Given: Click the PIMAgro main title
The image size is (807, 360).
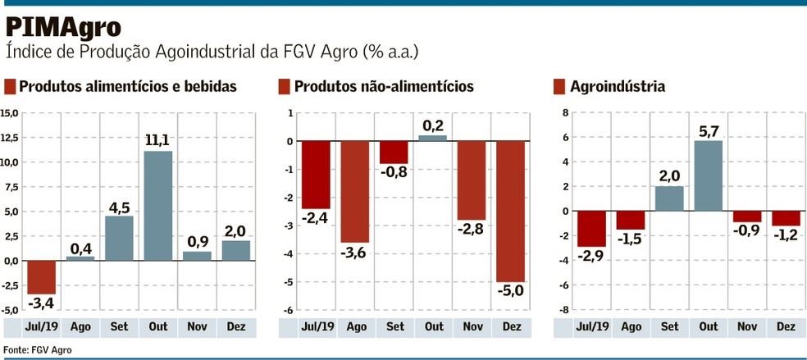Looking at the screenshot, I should click(x=64, y=27).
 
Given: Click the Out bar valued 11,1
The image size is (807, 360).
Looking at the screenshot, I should click(x=158, y=205).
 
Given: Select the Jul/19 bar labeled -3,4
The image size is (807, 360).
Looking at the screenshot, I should click(x=41, y=277).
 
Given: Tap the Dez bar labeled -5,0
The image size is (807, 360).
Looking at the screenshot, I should click(x=511, y=211).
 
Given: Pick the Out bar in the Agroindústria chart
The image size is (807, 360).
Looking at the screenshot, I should click(x=708, y=175).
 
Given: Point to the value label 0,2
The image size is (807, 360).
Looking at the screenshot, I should click(x=434, y=125).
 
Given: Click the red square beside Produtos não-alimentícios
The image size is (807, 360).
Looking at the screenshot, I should click(x=284, y=87).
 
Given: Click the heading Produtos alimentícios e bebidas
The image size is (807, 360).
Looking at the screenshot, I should click(x=127, y=87).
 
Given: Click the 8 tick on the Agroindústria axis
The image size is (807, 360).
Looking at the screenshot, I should click(x=563, y=113).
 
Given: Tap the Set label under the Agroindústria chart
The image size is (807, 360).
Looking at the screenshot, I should click(x=669, y=327).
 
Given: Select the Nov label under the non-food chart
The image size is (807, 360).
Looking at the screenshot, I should click(x=472, y=327).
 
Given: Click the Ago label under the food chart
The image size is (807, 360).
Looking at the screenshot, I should click(x=80, y=327).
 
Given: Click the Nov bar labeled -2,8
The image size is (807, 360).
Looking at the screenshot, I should click(x=472, y=180).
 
